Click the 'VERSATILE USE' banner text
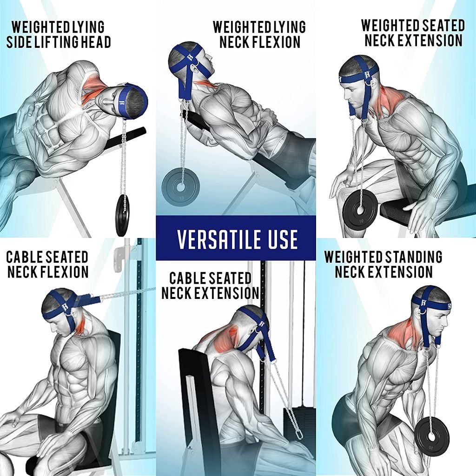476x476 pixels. (237, 239)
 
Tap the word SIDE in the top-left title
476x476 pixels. (19, 42)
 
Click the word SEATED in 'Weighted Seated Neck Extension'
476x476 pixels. (438, 26)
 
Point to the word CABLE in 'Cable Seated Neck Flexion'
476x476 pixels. (24, 257)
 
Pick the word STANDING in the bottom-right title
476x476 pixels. (413, 257)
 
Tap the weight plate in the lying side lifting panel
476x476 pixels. (122, 215)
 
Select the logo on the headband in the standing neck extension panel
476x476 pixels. (423, 302)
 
